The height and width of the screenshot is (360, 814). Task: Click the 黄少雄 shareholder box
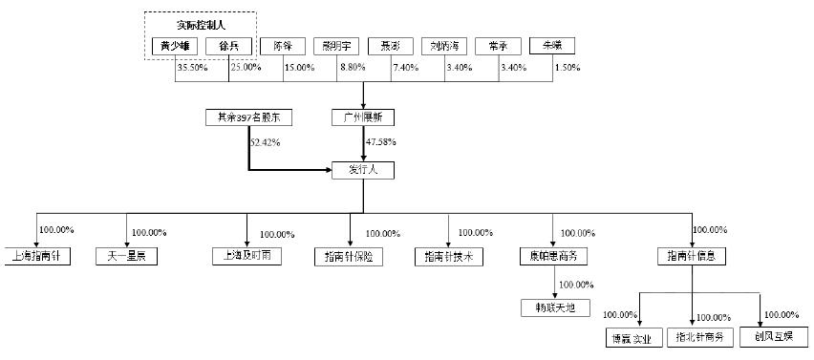click(175, 45)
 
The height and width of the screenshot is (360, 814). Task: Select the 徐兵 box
click(229, 45)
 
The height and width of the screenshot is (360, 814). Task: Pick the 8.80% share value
click(354, 67)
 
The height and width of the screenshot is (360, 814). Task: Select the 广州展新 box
click(362, 117)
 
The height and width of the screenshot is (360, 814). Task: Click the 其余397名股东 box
click(248, 117)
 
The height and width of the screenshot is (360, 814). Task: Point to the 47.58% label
click(379, 142)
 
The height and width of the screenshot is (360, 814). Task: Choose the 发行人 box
click(362, 171)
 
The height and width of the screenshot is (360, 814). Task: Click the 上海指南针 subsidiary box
click(36, 256)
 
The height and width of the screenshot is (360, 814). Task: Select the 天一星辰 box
click(126, 256)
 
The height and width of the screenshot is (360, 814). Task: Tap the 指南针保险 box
click(349, 256)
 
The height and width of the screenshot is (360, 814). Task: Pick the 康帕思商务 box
click(552, 256)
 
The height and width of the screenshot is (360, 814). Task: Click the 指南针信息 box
click(692, 256)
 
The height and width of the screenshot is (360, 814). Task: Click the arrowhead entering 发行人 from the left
click(328, 171)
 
